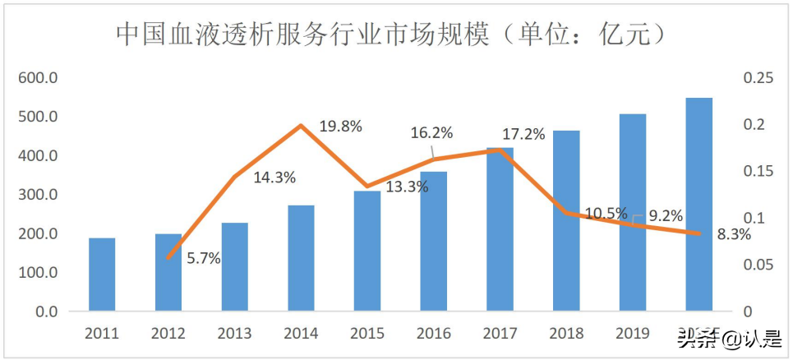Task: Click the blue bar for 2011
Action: click(102, 275)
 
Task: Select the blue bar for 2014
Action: click(301, 258)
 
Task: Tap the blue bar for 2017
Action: click(500, 229)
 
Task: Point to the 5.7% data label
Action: click(202, 258)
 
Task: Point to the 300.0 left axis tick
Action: click(39, 195)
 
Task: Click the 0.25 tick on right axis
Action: click(758, 78)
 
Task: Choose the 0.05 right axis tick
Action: click(758, 265)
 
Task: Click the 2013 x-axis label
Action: click(234, 334)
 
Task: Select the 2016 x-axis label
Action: click(433, 334)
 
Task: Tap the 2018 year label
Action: click(566, 334)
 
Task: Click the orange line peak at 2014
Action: click(301, 126)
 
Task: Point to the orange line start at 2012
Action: click(168, 258)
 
